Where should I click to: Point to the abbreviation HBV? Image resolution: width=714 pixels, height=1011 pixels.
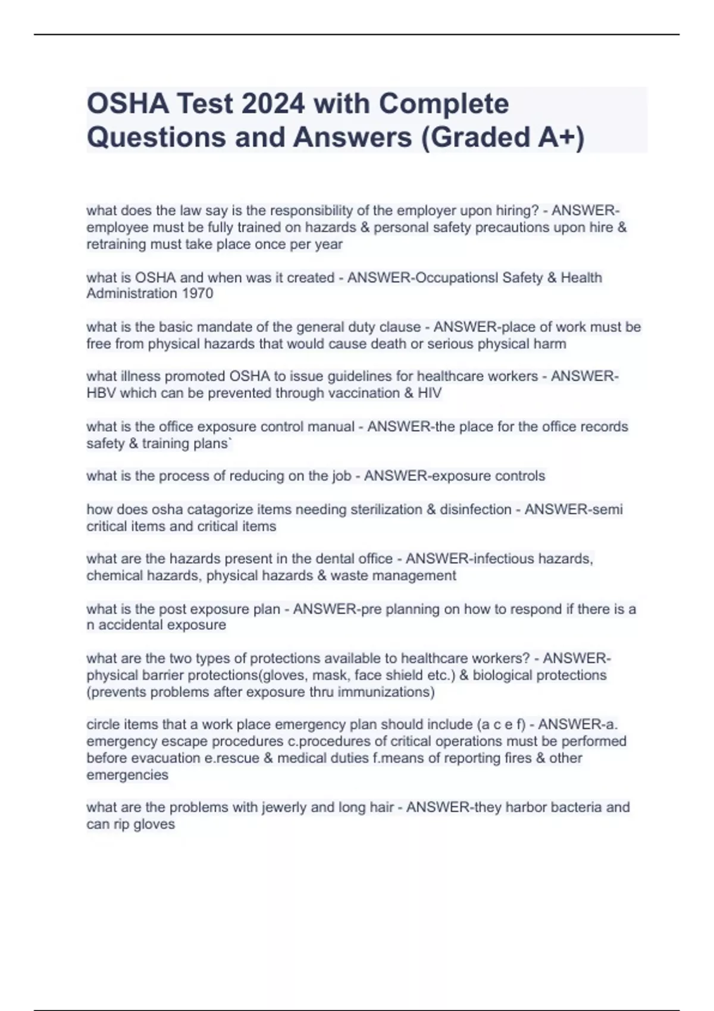[101, 393]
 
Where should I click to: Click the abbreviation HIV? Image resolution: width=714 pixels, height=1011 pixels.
[430, 393]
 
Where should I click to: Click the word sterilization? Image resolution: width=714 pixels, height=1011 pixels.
[387, 510]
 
